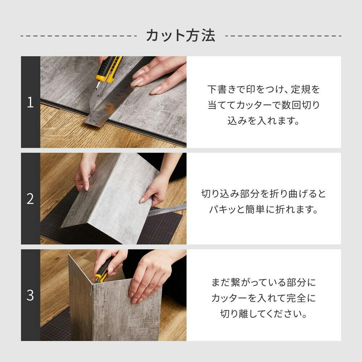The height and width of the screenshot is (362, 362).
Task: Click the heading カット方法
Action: click(181, 36)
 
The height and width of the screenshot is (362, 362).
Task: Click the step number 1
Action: click(30, 102)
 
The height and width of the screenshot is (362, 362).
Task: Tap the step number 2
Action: click(30, 199)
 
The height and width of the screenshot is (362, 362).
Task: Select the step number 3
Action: click(30, 295)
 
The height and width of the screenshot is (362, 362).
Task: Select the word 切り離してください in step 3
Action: click(264, 314)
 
